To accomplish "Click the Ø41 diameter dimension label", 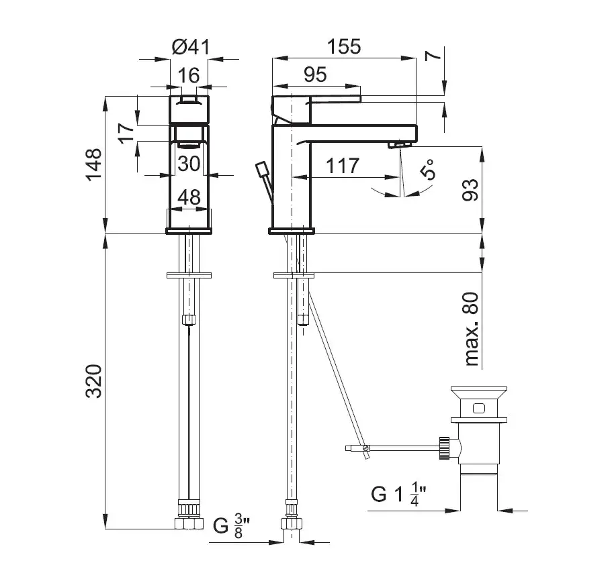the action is pos(191,47).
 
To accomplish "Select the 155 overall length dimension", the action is pos(344,46).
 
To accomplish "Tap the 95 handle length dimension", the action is pos(315,74).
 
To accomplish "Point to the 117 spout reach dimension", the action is pos(343,166).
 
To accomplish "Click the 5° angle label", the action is pos(428,169).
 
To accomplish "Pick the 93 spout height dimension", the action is pos(470,190).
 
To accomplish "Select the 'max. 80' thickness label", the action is pos(472,329).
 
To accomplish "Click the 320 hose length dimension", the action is pos(93,381).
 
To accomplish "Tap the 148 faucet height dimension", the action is pos(93,164).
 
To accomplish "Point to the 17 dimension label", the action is pos(127,134).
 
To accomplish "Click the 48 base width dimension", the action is pos(189,197).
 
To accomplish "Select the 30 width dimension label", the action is pos(189,164).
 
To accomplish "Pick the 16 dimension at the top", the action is pos(189,75).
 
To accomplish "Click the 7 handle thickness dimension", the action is pos(433,55).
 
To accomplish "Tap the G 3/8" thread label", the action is pos(232,526).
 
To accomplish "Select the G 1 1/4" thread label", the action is pos(398,495).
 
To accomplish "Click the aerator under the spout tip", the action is pos(400,145).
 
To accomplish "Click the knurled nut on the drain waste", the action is pos(445,448).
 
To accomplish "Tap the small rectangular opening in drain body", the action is pos(479,408).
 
